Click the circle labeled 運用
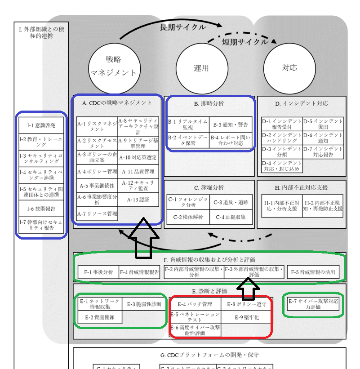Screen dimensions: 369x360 (x=201, y=68)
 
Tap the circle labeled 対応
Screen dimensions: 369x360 (x=289, y=68)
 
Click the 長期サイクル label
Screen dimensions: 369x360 (x=183, y=27)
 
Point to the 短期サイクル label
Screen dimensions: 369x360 (x=245, y=42)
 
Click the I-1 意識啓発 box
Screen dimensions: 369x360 (x=41, y=125)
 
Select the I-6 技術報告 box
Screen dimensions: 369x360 (x=41, y=209)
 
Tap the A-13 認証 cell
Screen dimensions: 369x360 (x=138, y=200)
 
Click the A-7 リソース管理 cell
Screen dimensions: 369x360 (x=97, y=213)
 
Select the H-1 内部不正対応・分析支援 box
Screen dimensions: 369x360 (x=281, y=206)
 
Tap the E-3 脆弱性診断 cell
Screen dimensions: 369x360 (x=143, y=304)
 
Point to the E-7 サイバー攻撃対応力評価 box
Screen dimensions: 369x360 (x=313, y=304)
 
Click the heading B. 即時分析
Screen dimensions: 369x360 (x=209, y=103)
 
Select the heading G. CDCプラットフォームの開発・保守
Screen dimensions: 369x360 (x=209, y=355)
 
